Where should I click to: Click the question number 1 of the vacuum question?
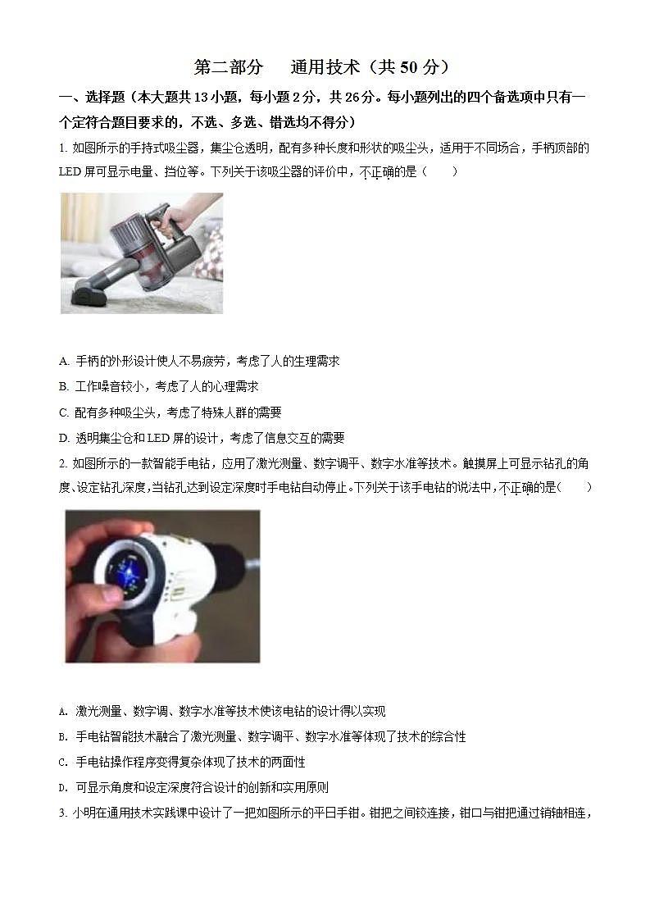click(x=63, y=148)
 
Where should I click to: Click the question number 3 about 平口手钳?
click(x=63, y=813)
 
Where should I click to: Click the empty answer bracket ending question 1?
click(x=442, y=172)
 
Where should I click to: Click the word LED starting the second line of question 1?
click(x=71, y=172)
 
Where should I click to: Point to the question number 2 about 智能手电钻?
click(x=63, y=463)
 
